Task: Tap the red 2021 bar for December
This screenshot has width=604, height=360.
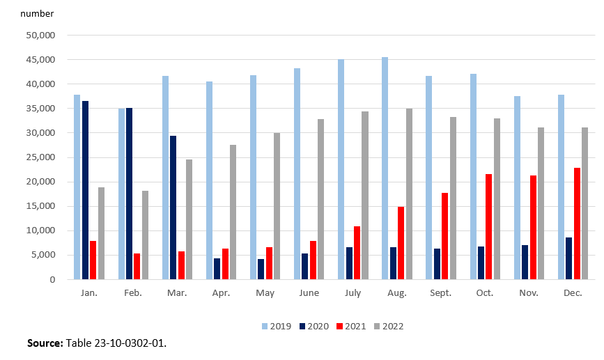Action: tap(577, 224)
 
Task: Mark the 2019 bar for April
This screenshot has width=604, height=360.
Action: tap(209, 180)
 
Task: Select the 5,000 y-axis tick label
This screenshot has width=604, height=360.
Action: tap(53, 255)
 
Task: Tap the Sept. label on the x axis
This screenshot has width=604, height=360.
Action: tap(440, 293)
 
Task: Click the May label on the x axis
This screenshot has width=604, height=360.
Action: tap(265, 293)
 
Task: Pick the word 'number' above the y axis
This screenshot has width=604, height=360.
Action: tap(36, 13)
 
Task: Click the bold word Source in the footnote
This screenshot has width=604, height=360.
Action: tap(45, 343)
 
